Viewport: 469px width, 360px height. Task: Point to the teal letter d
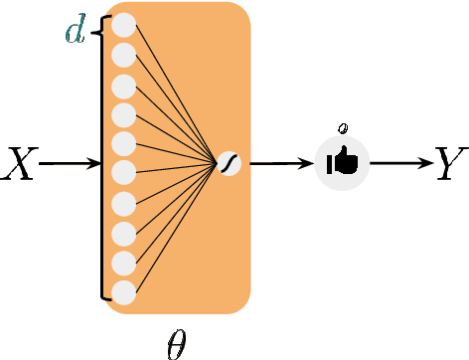point(75,31)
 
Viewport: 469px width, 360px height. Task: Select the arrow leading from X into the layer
point(70,163)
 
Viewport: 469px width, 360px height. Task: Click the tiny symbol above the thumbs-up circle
point(343,127)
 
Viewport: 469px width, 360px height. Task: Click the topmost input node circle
point(124,25)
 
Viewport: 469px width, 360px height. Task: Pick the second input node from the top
point(124,54)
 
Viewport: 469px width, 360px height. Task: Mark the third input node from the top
point(124,85)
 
